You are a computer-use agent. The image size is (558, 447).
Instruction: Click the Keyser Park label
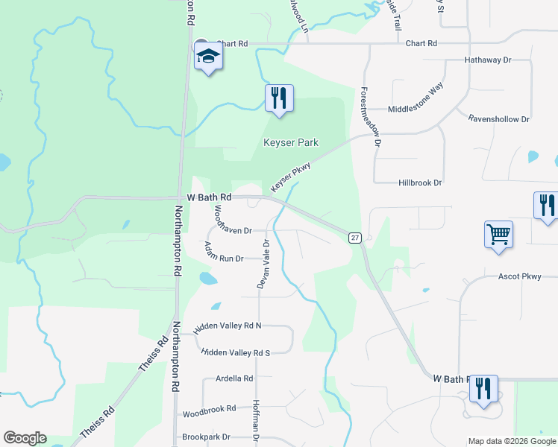pos(291,142)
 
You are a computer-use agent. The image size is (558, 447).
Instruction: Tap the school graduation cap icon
pos(208,56)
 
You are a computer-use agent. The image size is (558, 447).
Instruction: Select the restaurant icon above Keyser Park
pos(279,98)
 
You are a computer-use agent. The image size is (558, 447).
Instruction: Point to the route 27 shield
pos(355,238)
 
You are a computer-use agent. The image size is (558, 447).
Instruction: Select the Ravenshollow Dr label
pos(498,118)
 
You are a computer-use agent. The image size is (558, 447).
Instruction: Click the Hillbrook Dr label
pos(420,183)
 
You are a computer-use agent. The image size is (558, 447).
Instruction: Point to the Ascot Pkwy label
pos(519,276)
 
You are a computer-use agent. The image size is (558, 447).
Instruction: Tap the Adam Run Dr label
pos(224,259)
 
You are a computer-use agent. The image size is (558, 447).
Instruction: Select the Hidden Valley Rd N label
pos(228,327)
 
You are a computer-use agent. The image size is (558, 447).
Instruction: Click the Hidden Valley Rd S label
pos(235,352)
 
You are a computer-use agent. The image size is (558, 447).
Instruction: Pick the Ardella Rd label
pos(234,378)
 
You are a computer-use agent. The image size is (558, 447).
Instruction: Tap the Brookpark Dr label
pos(206,437)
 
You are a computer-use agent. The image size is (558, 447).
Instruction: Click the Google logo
pos(25,438)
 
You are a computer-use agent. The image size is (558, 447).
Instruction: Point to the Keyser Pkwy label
pos(290,177)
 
